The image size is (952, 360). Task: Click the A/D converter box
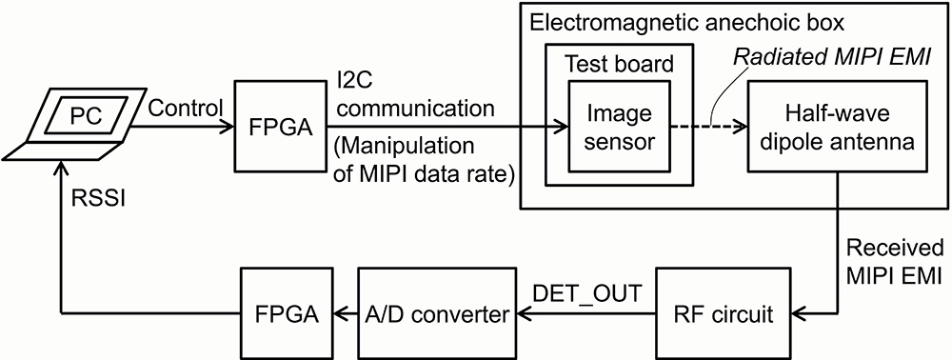[x=436, y=314]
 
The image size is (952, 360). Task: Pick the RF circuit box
[x=724, y=314]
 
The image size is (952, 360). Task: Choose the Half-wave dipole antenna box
[x=839, y=128]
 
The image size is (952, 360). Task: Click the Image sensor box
[x=619, y=128]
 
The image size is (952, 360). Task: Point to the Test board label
[x=619, y=63]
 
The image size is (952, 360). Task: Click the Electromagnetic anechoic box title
[x=687, y=23]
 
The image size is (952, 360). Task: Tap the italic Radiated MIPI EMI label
[x=832, y=59]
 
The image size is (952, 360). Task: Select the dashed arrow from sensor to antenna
[x=708, y=128]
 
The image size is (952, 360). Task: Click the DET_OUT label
[x=586, y=294]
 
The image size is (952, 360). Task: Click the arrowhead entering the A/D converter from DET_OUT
[x=523, y=314]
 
